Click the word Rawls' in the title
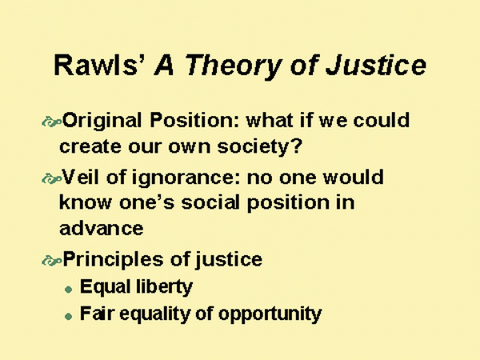(99, 65)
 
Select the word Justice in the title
(376, 65)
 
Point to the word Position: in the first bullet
(194, 120)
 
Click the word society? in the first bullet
(259, 147)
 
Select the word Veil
(81, 177)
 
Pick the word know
(86, 202)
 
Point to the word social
(210, 202)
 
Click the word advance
(102, 228)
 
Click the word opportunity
(270, 314)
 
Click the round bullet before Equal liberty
(69, 290)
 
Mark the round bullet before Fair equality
(69, 316)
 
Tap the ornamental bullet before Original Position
(51, 122)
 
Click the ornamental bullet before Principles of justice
(51, 261)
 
